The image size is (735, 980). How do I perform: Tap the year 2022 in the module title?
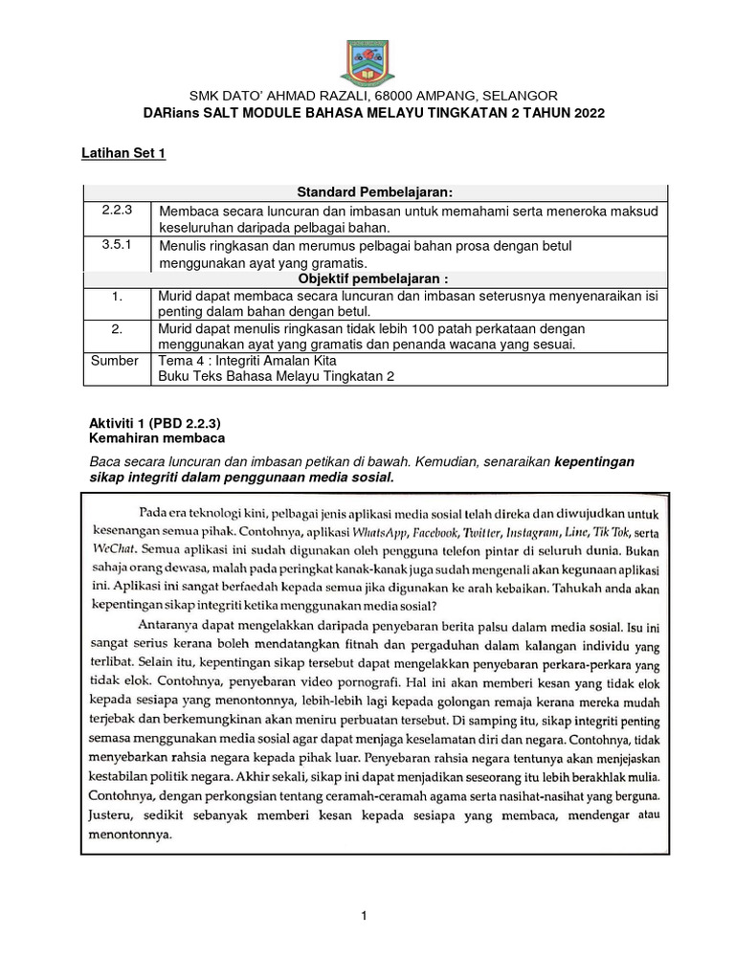pyautogui.click(x=587, y=113)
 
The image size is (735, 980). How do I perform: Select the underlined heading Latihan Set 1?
pyautogui.click(x=122, y=153)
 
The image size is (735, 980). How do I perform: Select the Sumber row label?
pyautogui.click(x=115, y=361)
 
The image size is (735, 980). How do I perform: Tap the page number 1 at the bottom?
pyautogui.click(x=365, y=918)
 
